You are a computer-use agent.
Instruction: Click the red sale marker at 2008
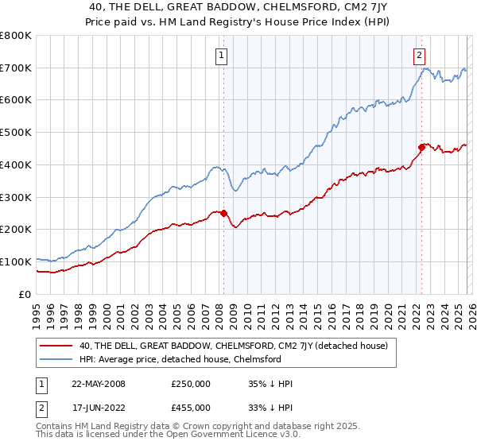[x=223, y=213]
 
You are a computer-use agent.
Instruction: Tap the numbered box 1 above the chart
[x=220, y=55]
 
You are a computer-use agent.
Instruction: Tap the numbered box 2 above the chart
[x=418, y=55]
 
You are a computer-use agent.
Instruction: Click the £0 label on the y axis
[x=24, y=294]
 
